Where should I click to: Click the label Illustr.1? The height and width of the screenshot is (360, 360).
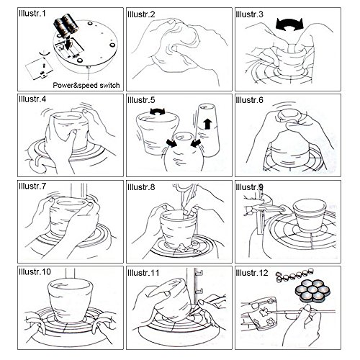point(32,14)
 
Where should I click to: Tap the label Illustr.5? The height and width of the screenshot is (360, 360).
point(141,100)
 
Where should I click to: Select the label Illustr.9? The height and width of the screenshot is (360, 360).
point(249,187)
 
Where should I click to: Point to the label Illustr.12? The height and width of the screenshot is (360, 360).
point(252,273)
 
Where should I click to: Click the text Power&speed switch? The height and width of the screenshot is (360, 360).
point(86,85)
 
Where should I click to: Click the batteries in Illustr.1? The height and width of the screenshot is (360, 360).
point(66,26)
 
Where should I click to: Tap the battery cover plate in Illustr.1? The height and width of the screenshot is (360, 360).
point(39,68)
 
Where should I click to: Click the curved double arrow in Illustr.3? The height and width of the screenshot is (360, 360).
point(290,24)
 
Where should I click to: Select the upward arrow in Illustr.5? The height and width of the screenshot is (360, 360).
point(207,124)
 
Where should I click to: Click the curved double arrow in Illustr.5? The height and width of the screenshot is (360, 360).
point(158,111)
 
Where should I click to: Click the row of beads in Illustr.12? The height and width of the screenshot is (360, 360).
point(294,276)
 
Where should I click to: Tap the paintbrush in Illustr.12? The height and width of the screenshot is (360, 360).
point(301,312)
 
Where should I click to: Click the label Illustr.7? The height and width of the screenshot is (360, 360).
point(32,186)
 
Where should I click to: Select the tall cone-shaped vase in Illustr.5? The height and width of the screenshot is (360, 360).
point(208,130)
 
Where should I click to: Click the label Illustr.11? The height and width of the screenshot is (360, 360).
point(143,273)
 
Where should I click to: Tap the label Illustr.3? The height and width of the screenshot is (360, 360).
point(249,14)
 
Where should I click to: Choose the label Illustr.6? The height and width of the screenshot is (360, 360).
point(249,100)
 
